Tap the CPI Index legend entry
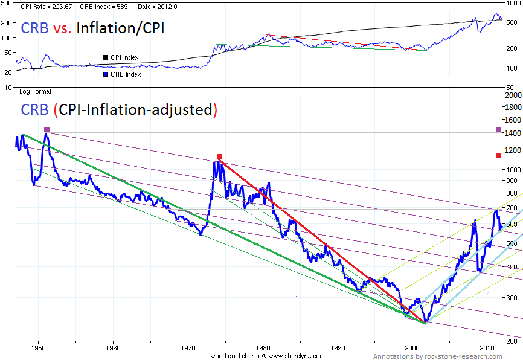pyautogui.click(x=124, y=57)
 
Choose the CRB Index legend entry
pyautogui.click(x=125, y=74)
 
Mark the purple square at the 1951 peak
pyautogui.click(x=47, y=129)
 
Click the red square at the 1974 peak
pyautogui.click(x=219, y=156)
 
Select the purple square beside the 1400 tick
pyautogui.click(x=499, y=129)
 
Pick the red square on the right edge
pyautogui.click(x=499, y=156)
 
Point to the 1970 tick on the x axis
pyautogui.click(x=188, y=349)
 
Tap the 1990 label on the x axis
pyautogui.click(x=338, y=349)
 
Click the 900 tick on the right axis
pyautogui.click(x=510, y=181)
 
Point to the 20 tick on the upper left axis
pyautogui.click(x=8, y=72)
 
